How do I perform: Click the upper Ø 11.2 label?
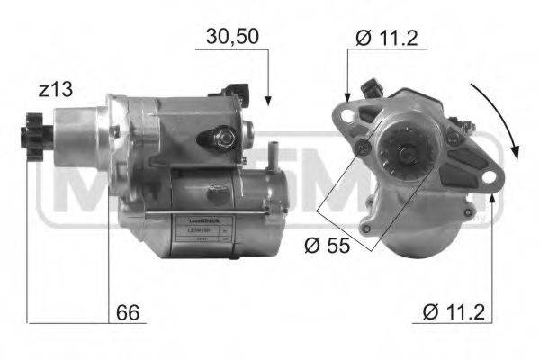[388, 37]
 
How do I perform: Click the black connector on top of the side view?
[239, 89]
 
